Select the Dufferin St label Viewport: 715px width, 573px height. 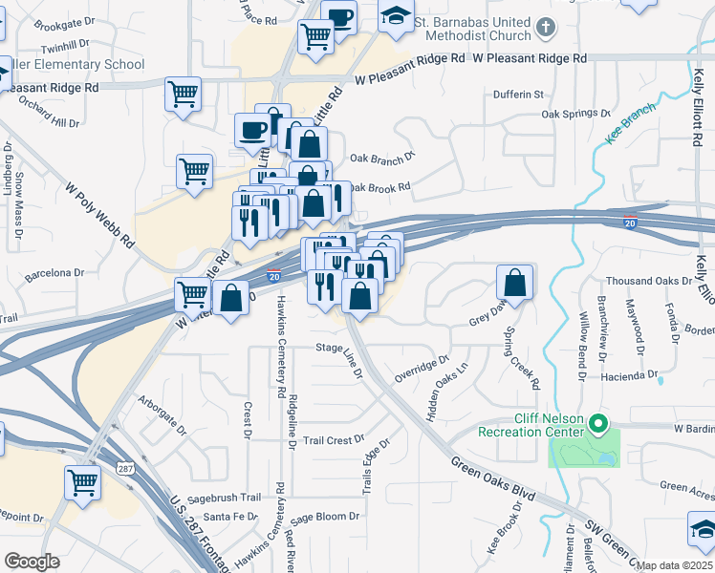tap(518, 95)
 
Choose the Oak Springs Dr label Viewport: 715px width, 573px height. tap(575, 114)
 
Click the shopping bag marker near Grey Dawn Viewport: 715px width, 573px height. tap(514, 283)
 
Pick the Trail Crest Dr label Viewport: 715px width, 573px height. tap(334, 440)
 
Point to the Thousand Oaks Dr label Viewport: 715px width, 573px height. tap(649, 281)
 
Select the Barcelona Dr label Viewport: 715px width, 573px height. tap(54, 272)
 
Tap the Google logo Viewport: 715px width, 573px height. tap(32, 561)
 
